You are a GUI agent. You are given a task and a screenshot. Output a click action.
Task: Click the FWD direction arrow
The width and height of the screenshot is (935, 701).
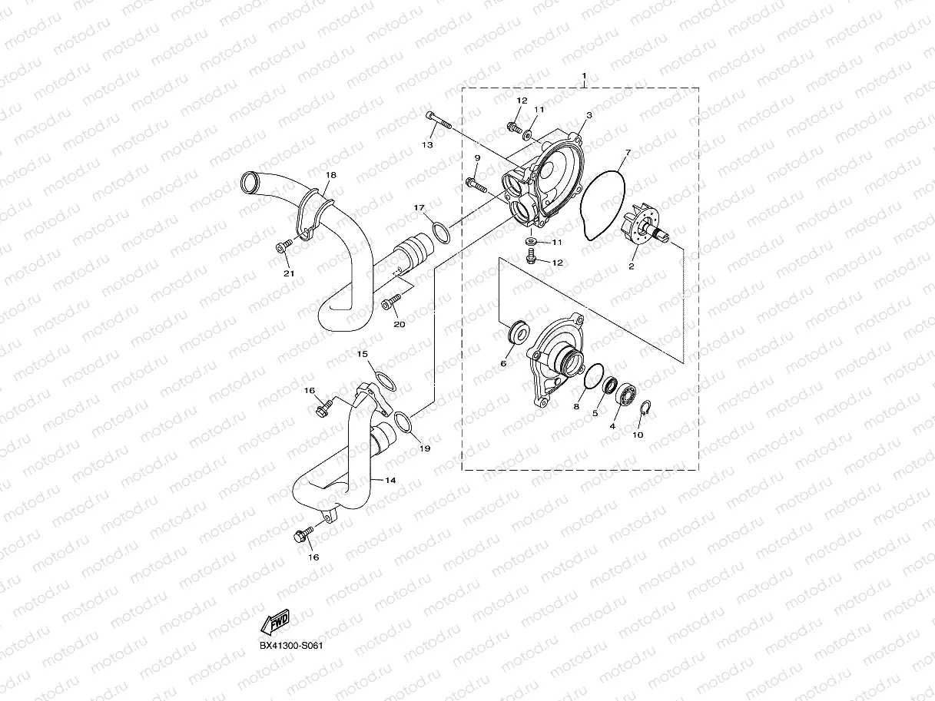274,621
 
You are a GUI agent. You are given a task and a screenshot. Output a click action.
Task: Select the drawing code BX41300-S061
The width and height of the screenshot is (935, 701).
290,646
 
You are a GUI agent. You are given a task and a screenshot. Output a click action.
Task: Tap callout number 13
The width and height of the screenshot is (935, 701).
428,144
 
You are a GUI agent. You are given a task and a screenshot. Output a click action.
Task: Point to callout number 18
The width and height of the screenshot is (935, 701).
330,175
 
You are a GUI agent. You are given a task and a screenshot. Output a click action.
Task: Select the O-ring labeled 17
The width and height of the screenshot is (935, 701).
439,231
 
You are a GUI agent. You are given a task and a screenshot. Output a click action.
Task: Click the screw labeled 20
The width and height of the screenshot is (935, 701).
391,300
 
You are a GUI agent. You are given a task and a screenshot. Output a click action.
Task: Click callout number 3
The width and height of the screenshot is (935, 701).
589,115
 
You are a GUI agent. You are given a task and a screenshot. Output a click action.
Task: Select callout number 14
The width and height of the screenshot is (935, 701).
390,480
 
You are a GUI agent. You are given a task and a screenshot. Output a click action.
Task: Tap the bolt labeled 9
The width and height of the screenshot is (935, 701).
476,184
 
